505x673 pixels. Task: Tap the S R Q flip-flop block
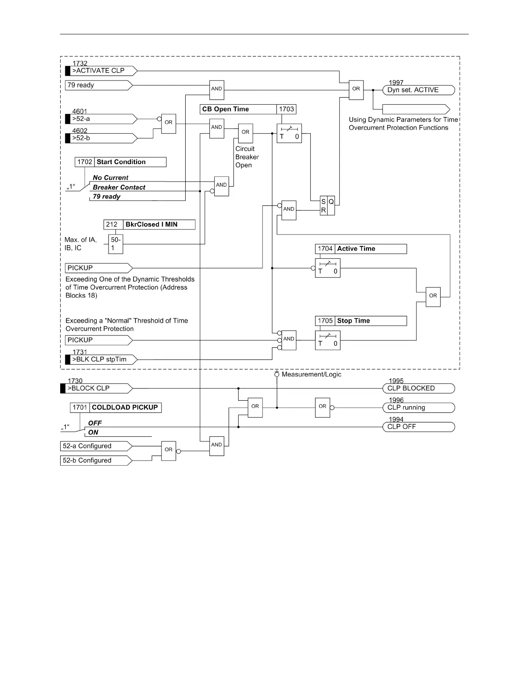coord(327,206)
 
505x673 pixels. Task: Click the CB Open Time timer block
coord(289,133)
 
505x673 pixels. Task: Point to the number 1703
coord(286,109)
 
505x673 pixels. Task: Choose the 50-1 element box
coord(115,244)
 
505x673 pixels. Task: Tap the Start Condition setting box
coord(121,162)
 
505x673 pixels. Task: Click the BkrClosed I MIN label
coord(151,225)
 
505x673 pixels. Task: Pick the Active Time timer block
coord(327,268)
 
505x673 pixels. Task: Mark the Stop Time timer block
coord(327,340)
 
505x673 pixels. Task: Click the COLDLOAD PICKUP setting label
coord(125,408)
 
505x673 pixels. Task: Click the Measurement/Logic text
coord(311,374)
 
